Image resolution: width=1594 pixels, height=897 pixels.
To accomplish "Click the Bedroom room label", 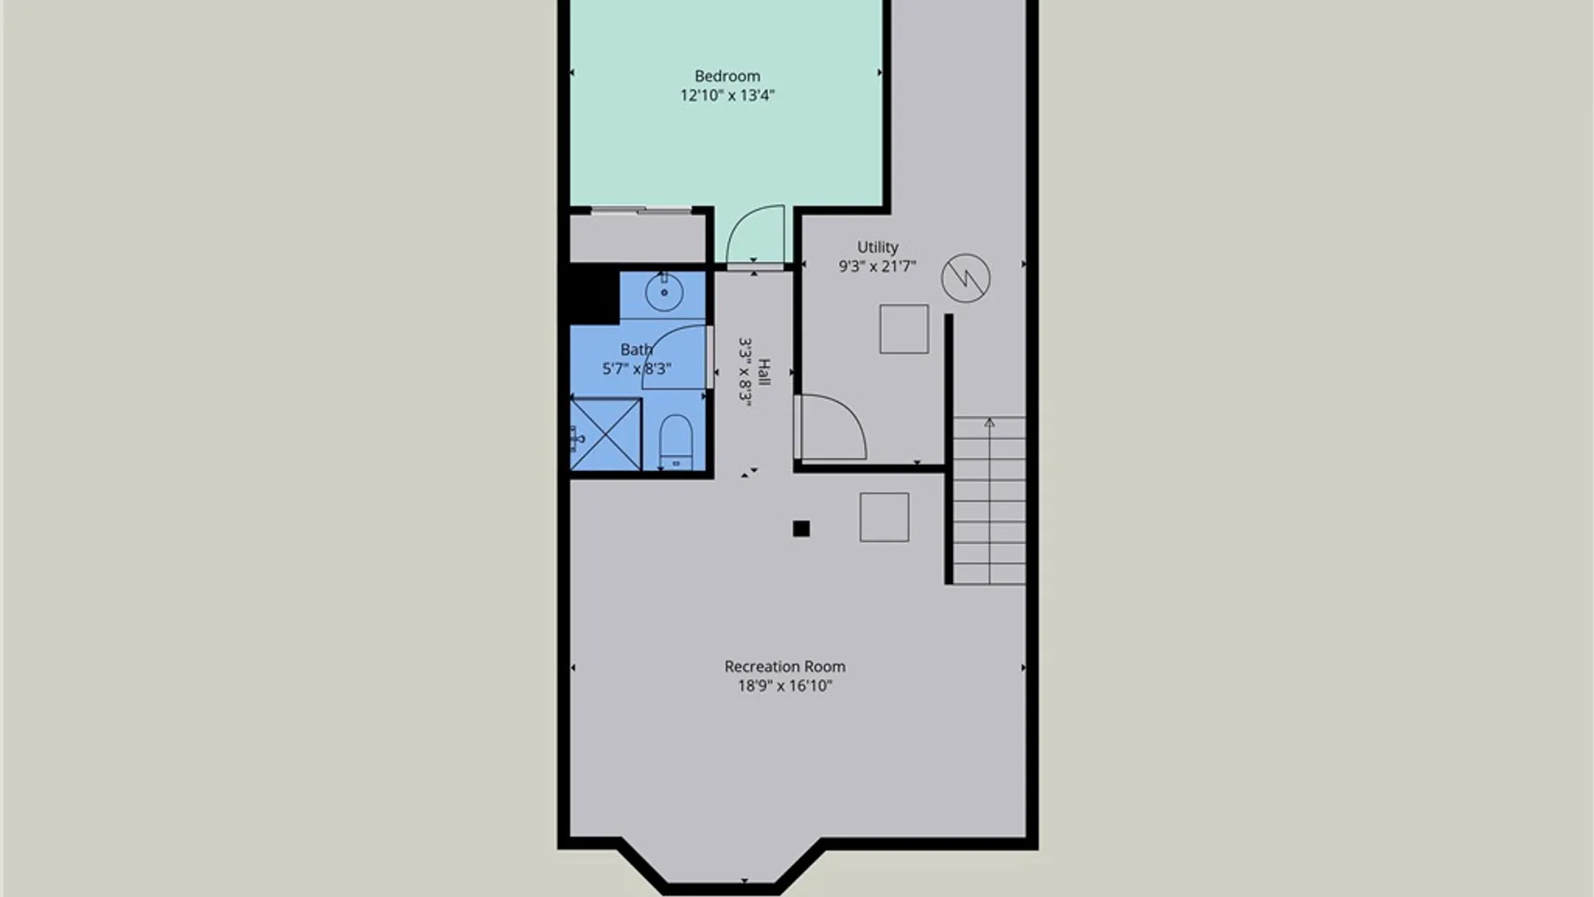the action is [x=727, y=76].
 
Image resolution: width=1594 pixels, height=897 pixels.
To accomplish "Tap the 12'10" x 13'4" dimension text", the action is [x=727, y=96].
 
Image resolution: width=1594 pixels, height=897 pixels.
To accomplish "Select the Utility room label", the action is [x=878, y=248].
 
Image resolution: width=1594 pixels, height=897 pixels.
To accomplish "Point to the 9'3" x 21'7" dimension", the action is [x=878, y=267].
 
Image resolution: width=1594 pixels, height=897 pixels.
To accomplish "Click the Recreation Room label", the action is [x=785, y=666].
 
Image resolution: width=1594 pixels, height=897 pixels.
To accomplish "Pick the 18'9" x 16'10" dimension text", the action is [x=785, y=686].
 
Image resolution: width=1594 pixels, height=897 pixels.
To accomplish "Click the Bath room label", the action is [x=636, y=350].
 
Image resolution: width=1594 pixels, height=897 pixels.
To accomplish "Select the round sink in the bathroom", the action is [x=664, y=292].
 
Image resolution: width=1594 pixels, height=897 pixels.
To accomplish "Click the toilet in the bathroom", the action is [x=676, y=442].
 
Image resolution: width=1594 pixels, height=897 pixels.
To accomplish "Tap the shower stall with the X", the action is [x=606, y=434].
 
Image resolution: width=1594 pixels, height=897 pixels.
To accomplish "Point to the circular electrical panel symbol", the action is [x=966, y=277].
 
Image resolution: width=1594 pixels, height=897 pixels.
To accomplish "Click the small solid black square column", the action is [x=801, y=529].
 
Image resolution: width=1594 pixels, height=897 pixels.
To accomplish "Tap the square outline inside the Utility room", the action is [x=904, y=329].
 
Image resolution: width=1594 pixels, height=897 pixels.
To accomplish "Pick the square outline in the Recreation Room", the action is [x=884, y=517].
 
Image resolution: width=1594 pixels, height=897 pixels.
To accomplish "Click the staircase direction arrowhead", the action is [x=990, y=423].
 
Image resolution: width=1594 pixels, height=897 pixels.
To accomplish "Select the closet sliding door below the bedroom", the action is [x=641, y=210].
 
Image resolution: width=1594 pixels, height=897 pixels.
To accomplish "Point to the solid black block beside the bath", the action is [x=594, y=294].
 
